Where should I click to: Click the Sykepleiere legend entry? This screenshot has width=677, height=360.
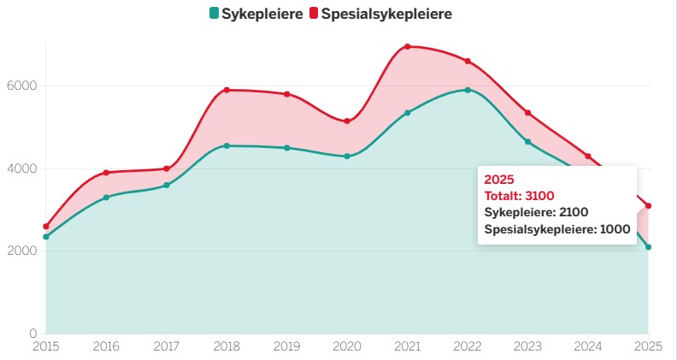(256, 14)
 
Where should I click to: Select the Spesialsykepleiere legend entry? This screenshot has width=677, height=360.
(380, 14)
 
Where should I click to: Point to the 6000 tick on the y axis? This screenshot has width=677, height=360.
(22, 86)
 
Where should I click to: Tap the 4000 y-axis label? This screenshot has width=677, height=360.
(22, 168)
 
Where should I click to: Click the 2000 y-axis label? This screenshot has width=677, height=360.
(22, 251)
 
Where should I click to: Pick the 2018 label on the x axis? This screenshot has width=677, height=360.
(226, 347)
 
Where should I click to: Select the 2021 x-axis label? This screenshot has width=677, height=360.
(407, 347)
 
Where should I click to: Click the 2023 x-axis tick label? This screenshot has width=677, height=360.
(527, 347)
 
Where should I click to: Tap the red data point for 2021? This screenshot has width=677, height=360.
(407, 46)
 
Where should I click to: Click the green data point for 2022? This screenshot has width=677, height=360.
(468, 90)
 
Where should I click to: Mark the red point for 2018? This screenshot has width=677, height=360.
(227, 90)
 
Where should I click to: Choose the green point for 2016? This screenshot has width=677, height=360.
(106, 198)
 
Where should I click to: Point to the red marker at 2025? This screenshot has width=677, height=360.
(649, 205)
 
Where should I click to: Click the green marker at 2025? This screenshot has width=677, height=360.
(649, 247)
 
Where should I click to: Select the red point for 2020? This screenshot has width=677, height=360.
(347, 121)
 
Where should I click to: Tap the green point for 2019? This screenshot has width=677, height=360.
(286, 148)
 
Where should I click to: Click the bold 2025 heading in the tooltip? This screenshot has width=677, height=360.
(498, 180)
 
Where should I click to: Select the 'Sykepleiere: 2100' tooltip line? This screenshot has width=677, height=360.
(536, 212)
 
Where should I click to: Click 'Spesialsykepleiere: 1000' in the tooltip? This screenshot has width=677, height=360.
(556, 229)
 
